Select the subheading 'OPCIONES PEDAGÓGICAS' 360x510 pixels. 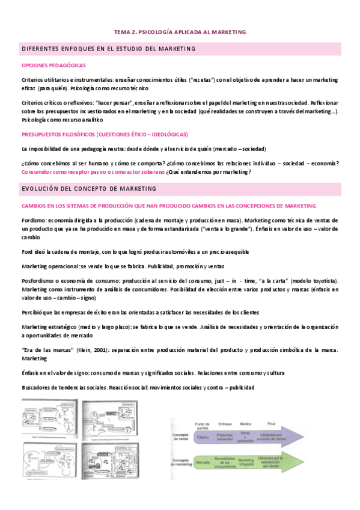click(53, 65)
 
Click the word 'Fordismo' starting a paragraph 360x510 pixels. click(34, 220)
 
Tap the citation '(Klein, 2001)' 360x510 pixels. click(81, 350)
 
